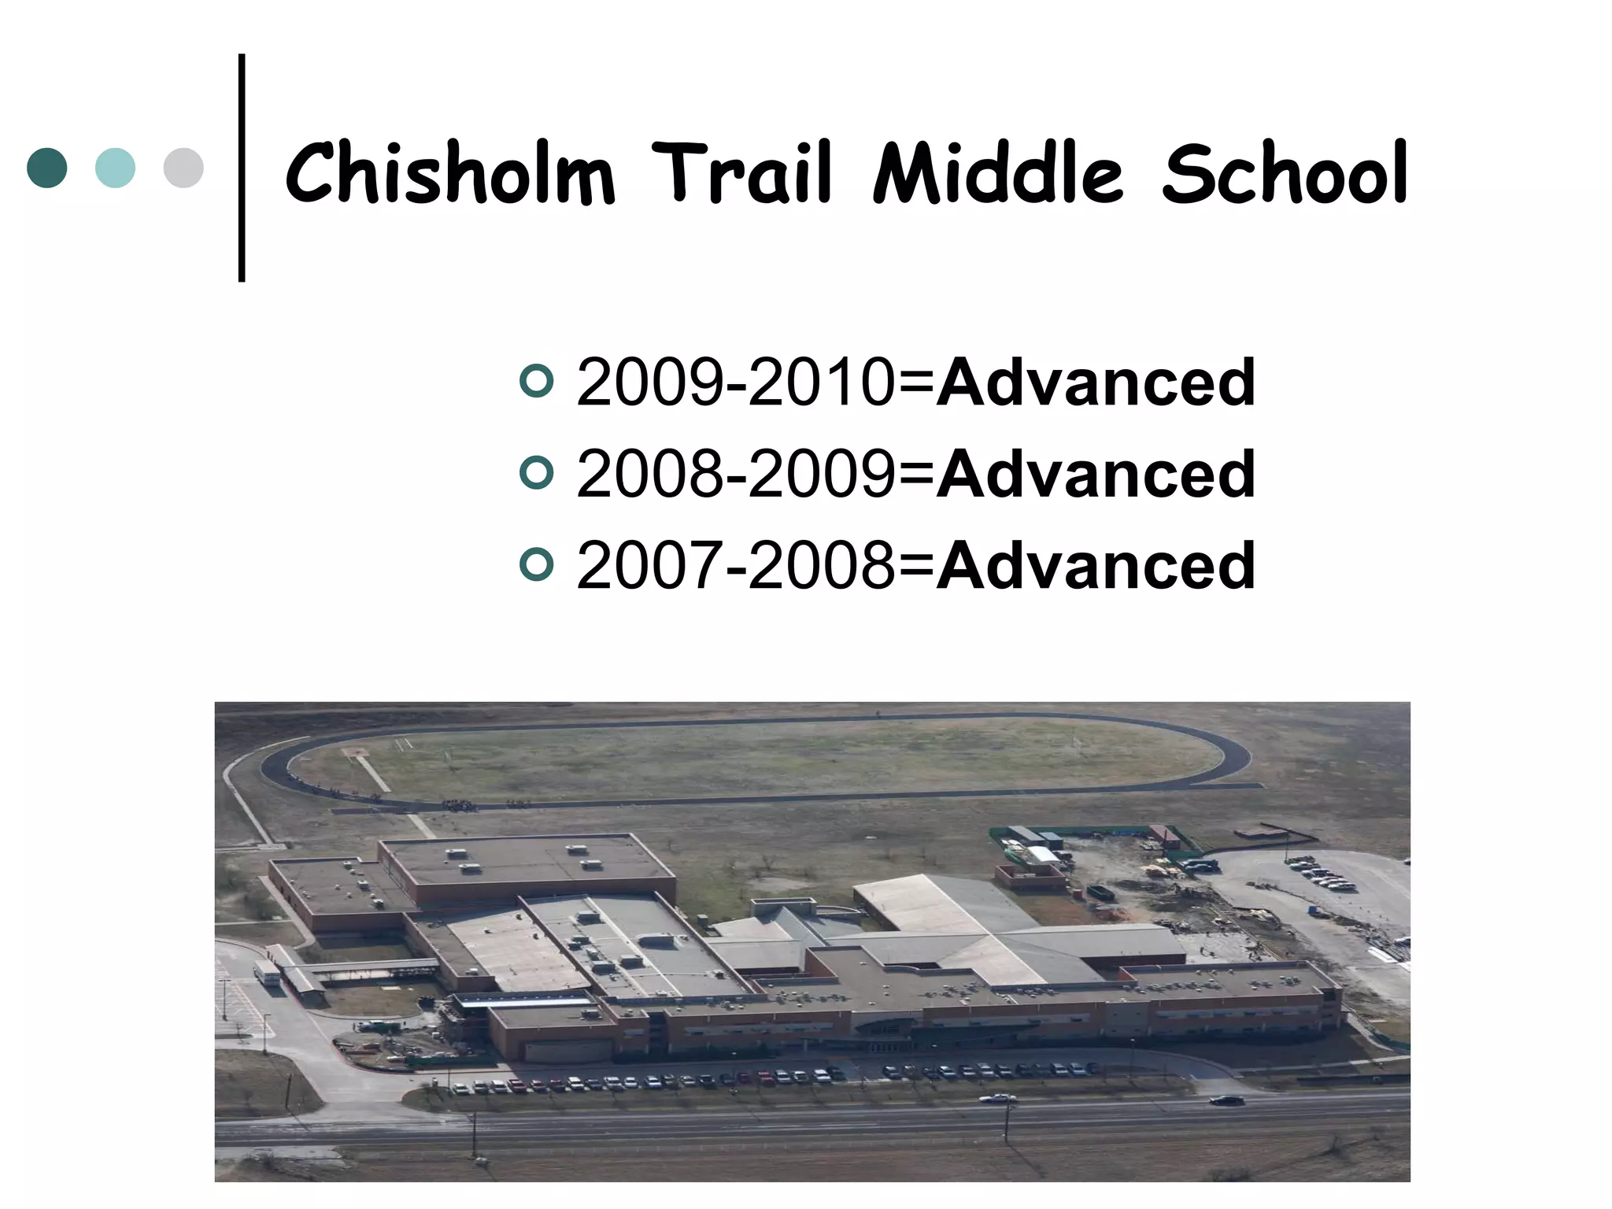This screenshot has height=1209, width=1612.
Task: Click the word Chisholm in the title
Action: coord(449,173)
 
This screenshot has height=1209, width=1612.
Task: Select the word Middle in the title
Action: coord(997,173)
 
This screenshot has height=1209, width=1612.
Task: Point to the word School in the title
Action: coord(1284,173)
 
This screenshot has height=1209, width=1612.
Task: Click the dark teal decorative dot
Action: coord(47,168)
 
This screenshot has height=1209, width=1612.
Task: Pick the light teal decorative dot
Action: coord(115,168)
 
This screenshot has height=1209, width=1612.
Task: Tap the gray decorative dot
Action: coord(183,168)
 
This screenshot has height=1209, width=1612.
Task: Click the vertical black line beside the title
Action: coord(242,167)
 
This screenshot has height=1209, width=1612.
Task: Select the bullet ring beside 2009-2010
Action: coord(537,382)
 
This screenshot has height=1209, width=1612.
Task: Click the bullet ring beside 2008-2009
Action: coord(537,473)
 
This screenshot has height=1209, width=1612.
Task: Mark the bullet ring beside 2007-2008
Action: coord(537,564)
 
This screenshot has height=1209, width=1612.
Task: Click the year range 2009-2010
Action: coord(735,383)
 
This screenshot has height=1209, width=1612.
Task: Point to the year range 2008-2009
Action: coord(735,474)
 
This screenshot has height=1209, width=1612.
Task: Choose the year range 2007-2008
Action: coord(735,565)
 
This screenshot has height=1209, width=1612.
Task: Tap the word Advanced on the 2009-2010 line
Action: coord(1096,383)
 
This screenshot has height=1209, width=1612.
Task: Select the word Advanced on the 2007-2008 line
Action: coord(1096,565)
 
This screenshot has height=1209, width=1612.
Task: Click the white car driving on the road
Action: coord(996,1098)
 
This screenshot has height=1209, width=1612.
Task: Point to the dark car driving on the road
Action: coord(1226,1100)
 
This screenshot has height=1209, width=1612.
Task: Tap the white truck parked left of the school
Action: coord(267,973)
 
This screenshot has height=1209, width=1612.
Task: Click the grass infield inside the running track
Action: coord(756,760)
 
